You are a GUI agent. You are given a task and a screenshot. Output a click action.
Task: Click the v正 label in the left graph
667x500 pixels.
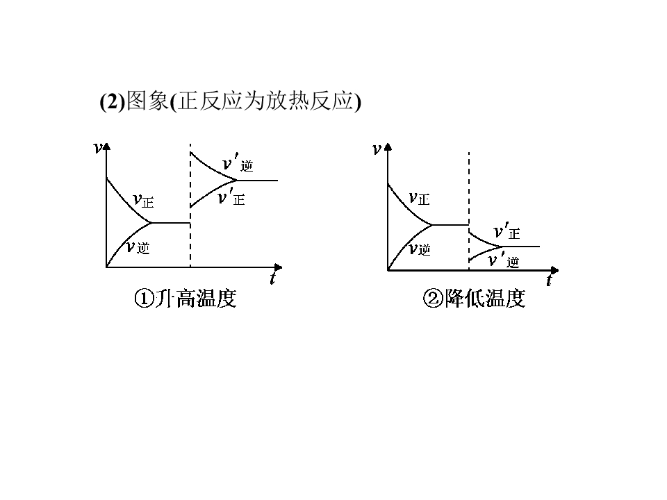pyautogui.click(x=143, y=200)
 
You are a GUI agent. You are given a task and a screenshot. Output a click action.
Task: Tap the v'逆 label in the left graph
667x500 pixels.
pyautogui.click(x=238, y=164)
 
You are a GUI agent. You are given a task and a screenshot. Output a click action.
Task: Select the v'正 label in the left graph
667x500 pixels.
pyautogui.click(x=231, y=198)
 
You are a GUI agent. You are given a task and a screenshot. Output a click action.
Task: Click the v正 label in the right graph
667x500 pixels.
pyautogui.click(x=420, y=198)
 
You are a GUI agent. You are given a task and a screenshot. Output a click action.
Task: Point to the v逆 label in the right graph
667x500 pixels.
pyautogui.click(x=420, y=249)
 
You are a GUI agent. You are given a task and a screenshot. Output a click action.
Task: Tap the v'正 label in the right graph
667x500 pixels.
pyautogui.click(x=507, y=232)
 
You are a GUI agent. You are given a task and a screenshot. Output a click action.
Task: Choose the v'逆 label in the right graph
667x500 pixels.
pyautogui.click(x=504, y=260)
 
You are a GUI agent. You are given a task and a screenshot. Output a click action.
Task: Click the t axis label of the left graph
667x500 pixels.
pyautogui.click(x=272, y=278)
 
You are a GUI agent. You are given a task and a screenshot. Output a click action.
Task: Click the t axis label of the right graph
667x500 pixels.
pyautogui.click(x=549, y=280)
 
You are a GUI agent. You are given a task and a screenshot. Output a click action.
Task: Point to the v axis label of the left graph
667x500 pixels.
pyautogui.click(x=97, y=148)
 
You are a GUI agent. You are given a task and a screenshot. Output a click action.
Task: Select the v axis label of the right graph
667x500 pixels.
pyautogui.click(x=377, y=149)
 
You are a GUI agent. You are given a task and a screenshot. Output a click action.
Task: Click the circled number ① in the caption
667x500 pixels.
pyautogui.click(x=143, y=298)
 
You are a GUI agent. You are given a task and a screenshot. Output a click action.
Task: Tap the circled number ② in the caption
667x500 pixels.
pyautogui.click(x=433, y=298)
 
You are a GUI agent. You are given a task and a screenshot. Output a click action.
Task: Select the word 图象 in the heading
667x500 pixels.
pyautogui.click(x=147, y=101)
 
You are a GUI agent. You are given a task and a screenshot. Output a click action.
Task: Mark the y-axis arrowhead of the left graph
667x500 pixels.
pyautogui.click(x=107, y=146)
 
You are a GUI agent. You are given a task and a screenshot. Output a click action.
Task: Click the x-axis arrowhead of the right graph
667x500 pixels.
pyautogui.click(x=554, y=270)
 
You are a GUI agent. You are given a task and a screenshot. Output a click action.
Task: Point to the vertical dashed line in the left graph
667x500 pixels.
pyautogui.click(x=190, y=206)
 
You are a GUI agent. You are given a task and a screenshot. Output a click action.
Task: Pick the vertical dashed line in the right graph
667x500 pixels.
pyautogui.click(x=469, y=211)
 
